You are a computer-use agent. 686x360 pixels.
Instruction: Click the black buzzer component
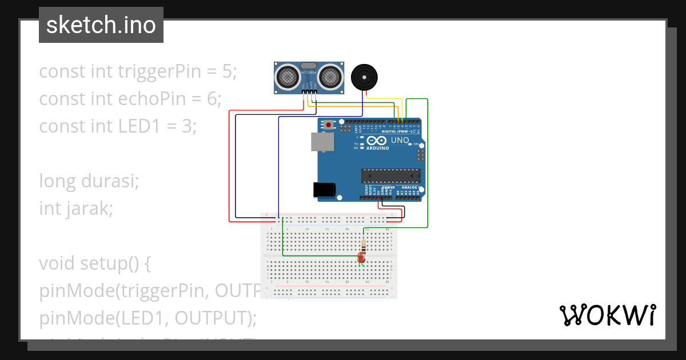(x=364, y=77)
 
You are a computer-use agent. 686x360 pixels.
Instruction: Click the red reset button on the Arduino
(x=329, y=124)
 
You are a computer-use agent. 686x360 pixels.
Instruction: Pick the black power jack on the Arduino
(x=324, y=190)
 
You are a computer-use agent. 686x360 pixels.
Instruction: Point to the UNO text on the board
(x=400, y=140)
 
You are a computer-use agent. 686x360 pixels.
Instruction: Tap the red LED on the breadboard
(x=361, y=258)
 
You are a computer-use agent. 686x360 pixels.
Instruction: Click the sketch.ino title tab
(x=101, y=25)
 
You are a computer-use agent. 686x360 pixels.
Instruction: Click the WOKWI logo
(x=607, y=315)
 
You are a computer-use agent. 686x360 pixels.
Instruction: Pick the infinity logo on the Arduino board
(x=377, y=140)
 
